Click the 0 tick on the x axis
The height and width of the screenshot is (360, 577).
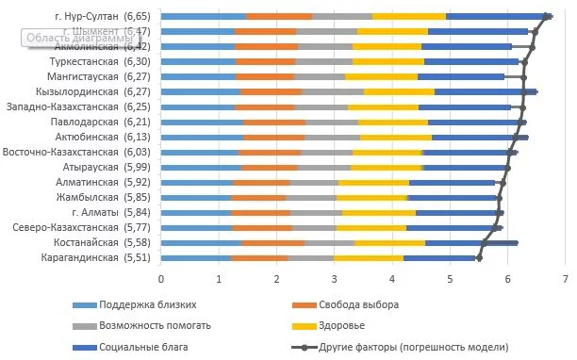161,279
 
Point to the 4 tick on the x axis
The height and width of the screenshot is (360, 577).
392,279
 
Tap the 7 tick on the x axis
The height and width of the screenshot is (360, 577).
565,279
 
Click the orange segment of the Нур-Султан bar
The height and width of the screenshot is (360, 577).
279,16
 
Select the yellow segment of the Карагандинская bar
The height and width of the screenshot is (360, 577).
369,256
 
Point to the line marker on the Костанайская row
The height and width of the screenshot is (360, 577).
483,242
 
